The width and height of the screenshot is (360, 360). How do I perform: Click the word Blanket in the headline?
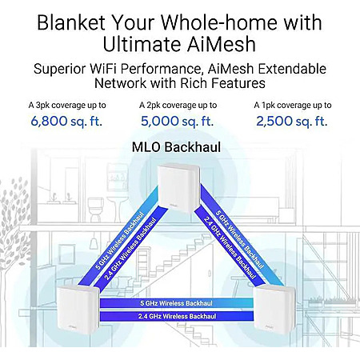pos(71,22)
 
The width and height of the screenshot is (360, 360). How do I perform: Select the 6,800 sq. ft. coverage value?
pos(66,121)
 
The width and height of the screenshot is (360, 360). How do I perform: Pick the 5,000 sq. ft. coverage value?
pos(178,121)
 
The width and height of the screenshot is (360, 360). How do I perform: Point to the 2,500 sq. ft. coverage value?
pos(292,121)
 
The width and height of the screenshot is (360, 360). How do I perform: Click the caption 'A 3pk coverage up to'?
pos(67,106)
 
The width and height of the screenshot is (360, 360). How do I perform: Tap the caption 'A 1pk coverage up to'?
pos(293,106)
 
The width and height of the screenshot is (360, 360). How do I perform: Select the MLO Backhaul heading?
pos(177,147)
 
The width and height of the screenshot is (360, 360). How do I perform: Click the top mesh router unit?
pos(178,188)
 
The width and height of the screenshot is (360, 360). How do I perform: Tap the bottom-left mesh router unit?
pos(78,310)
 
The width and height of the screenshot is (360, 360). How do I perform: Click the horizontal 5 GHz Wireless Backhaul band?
pos(177,303)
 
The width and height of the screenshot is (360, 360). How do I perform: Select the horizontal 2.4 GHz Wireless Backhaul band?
pos(177,316)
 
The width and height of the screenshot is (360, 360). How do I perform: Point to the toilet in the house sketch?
pos(95,210)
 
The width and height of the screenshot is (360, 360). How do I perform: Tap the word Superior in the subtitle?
pos(59,69)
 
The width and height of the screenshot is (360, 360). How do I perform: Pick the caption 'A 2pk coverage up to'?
pos(178,106)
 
